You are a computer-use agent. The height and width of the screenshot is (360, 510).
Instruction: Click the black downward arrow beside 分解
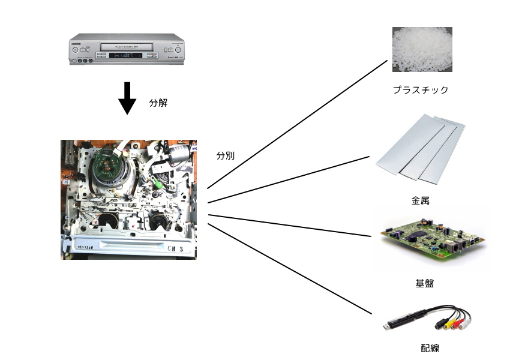127,98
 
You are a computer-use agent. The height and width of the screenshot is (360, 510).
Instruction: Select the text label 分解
158,103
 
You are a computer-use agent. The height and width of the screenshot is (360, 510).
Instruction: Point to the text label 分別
226,155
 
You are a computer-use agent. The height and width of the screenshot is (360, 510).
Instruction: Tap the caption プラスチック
421,90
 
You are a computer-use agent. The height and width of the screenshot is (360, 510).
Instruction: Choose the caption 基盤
424,284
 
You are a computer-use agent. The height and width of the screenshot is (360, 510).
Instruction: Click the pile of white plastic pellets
422,50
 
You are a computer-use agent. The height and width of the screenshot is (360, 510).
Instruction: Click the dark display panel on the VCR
126,56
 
